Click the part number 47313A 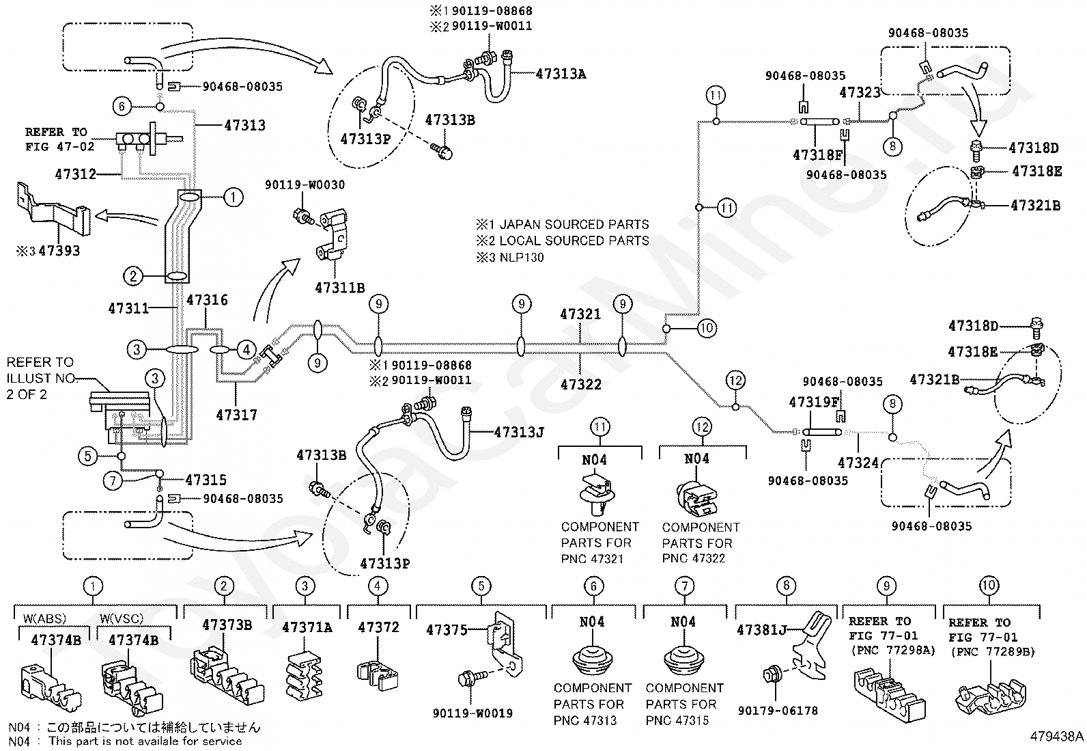pos(561,74)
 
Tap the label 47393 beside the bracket pos(59,251)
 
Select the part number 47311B pos(340,288)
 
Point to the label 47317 pos(236,415)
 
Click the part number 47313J pos(519,432)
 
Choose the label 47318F pos(817,155)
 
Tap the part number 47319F pos(814,402)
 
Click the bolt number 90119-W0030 pos(305,185)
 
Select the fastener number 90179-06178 pos(778,711)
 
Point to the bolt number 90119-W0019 pos(472,713)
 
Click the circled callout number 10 pos(707,329)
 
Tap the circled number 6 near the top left pos(122,106)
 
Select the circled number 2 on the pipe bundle pos(133,276)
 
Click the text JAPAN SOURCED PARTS pos(574,224)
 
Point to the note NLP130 pos(522,258)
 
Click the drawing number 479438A pos(1056,737)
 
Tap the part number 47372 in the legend pos(378,627)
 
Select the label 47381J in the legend pos(762,630)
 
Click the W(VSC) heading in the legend pos(122,618)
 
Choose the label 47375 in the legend pos(447,630)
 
